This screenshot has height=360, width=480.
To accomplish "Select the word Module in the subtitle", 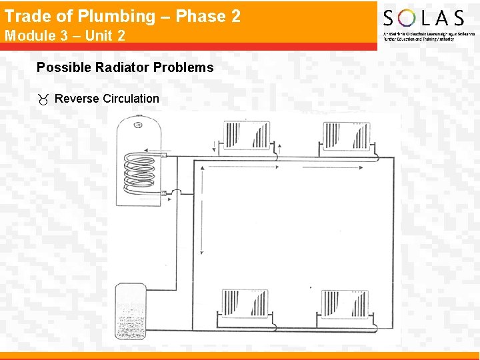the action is coord(27,35).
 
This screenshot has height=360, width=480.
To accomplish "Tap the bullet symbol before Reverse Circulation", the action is coord(43,99).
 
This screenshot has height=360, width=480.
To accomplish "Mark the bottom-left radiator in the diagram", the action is coord(245,305).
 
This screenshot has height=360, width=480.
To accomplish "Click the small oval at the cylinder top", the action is coord(139,123).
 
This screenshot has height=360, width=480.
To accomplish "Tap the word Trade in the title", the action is coord(25,17).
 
